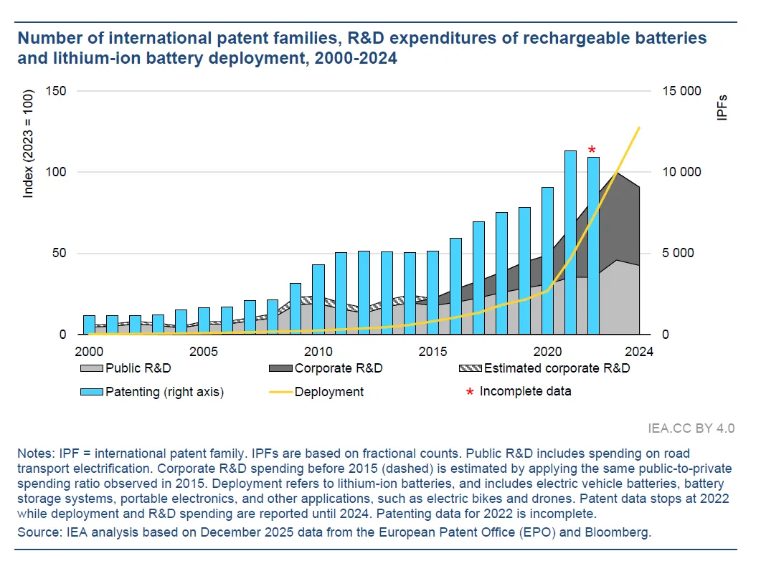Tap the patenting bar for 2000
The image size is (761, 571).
click(x=89, y=325)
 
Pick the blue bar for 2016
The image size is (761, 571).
click(x=455, y=286)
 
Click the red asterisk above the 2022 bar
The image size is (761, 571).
click(x=592, y=150)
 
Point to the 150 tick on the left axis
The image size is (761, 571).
click(x=56, y=91)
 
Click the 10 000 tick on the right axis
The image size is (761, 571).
click(x=679, y=173)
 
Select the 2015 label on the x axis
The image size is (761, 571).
click(x=433, y=352)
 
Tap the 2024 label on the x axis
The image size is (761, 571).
click(x=638, y=352)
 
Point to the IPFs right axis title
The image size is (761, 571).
click(x=722, y=107)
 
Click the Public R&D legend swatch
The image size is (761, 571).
click(x=91, y=369)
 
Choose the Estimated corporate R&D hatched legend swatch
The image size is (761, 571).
click(x=470, y=369)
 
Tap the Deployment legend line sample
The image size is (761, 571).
click(x=280, y=392)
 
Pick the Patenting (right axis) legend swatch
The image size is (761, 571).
click(x=91, y=392)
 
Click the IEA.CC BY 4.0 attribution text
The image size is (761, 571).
click(x=691, y=428)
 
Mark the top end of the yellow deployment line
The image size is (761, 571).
click(x=639, y=128)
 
